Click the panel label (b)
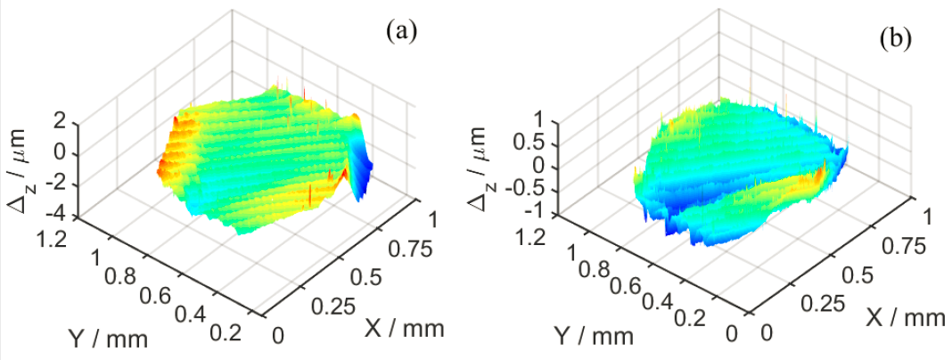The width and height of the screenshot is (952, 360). coord(894,38)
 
